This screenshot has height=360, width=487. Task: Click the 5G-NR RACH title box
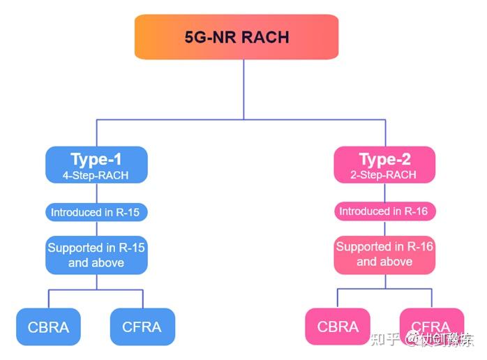[237, 37]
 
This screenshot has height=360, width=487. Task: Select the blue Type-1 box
[96, 165]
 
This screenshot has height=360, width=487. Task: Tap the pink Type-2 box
[384, 165]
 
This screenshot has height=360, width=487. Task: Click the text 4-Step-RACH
[96, 176]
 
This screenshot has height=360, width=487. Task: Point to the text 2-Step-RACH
[384, 176]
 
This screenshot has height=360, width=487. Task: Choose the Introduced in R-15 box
[96, 212]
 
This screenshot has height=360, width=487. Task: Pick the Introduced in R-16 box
[384, 211]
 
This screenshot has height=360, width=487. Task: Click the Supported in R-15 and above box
[96, 255]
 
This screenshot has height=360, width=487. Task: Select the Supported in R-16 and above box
[384, 255]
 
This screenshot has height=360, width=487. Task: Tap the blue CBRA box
[48, 327]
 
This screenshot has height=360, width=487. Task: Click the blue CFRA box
[142, 327]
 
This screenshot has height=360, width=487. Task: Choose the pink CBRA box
[338, 327]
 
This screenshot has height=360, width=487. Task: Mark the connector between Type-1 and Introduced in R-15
[96, 193]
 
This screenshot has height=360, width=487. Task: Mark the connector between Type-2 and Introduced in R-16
[384, 193]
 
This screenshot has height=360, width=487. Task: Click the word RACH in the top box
[264, 37]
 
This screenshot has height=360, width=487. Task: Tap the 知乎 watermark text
[387, 340]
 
